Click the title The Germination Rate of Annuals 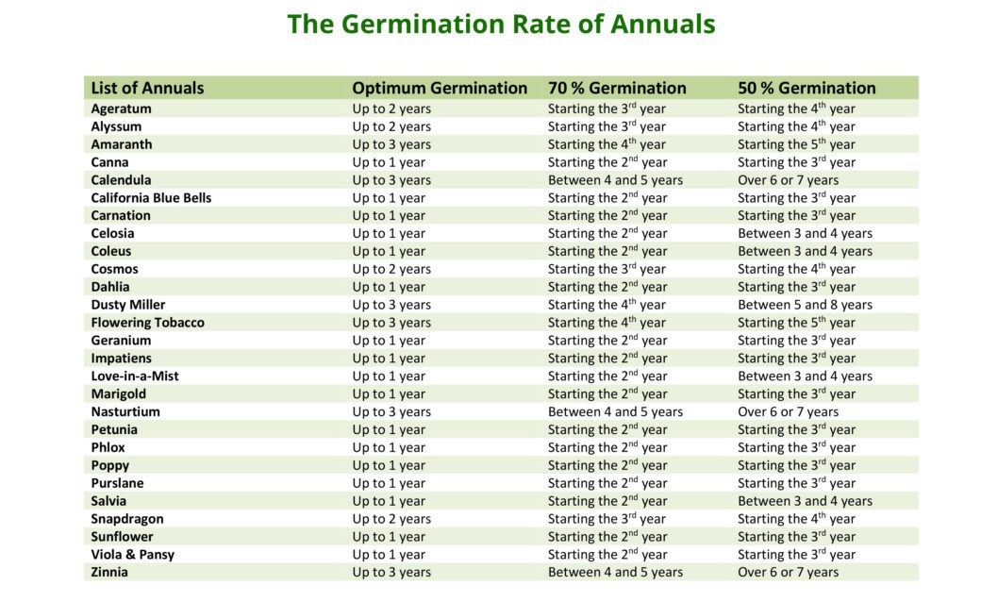(x=501, y=25)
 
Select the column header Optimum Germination (x=440, y=88)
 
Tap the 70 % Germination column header (x=617, y=88)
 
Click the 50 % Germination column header (x=806, y=88)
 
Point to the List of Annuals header (x=147, y=88)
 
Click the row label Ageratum (x=121, y=109)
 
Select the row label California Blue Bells (x=151, y=198)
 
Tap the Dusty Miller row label (x=128, y=305)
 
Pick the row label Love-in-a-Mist (x=135, y=376)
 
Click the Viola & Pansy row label (x=133, y=555)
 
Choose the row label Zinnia (x=109, y=573)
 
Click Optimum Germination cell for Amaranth (x=391, y=144)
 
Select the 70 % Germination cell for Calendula (x=615, y=180)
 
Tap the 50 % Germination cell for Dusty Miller (x=805, y=305)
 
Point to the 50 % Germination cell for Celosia (x=805, y=234)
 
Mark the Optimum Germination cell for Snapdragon (x=391, y=519)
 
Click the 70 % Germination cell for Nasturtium (x=615, y=412)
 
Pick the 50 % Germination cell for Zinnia (x=788, y=573)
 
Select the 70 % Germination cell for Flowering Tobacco (x=607, y=323)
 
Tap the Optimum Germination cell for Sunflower (x=389, y=537)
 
